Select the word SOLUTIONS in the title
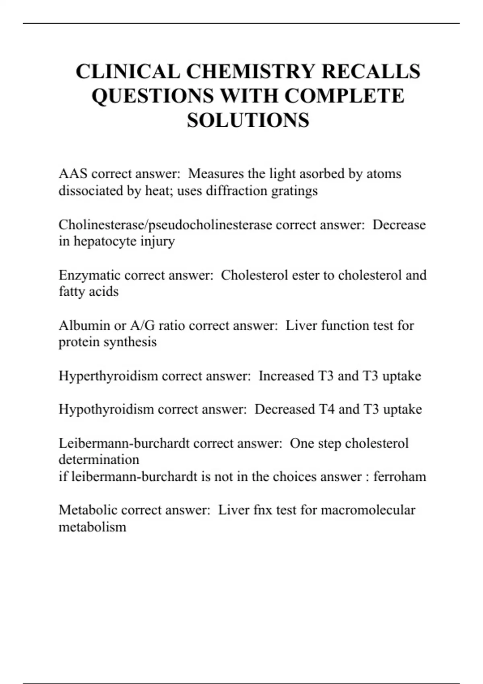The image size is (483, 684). [x=248, y=120]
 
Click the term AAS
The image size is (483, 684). [x=73, y=174]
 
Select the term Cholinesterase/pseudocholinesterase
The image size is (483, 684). [x=165, y=225]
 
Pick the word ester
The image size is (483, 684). [x=303, y=275]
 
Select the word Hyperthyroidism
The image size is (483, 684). [x=108, y=376]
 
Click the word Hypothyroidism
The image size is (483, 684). [x=106, y=409]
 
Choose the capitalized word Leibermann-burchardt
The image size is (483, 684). [x=124, y=443]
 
